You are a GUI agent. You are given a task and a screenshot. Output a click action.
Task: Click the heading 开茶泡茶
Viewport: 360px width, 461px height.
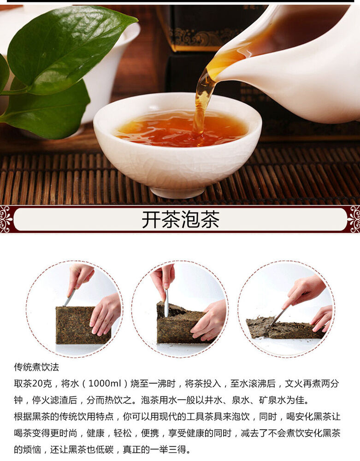(x=180, y=219)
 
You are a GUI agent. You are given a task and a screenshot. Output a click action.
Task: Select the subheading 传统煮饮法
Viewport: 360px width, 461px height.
(x=36, y=367)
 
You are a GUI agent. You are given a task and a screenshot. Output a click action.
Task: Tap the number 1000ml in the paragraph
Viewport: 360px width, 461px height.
(x=105, y=384)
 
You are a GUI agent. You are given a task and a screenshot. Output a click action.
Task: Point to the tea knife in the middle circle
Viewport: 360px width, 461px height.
(x=166, y=303)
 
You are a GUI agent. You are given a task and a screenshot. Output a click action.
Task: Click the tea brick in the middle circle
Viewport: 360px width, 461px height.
(x=181, y=324)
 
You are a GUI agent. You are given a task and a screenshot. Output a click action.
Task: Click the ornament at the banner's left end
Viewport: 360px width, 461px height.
(x=6, y=219)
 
